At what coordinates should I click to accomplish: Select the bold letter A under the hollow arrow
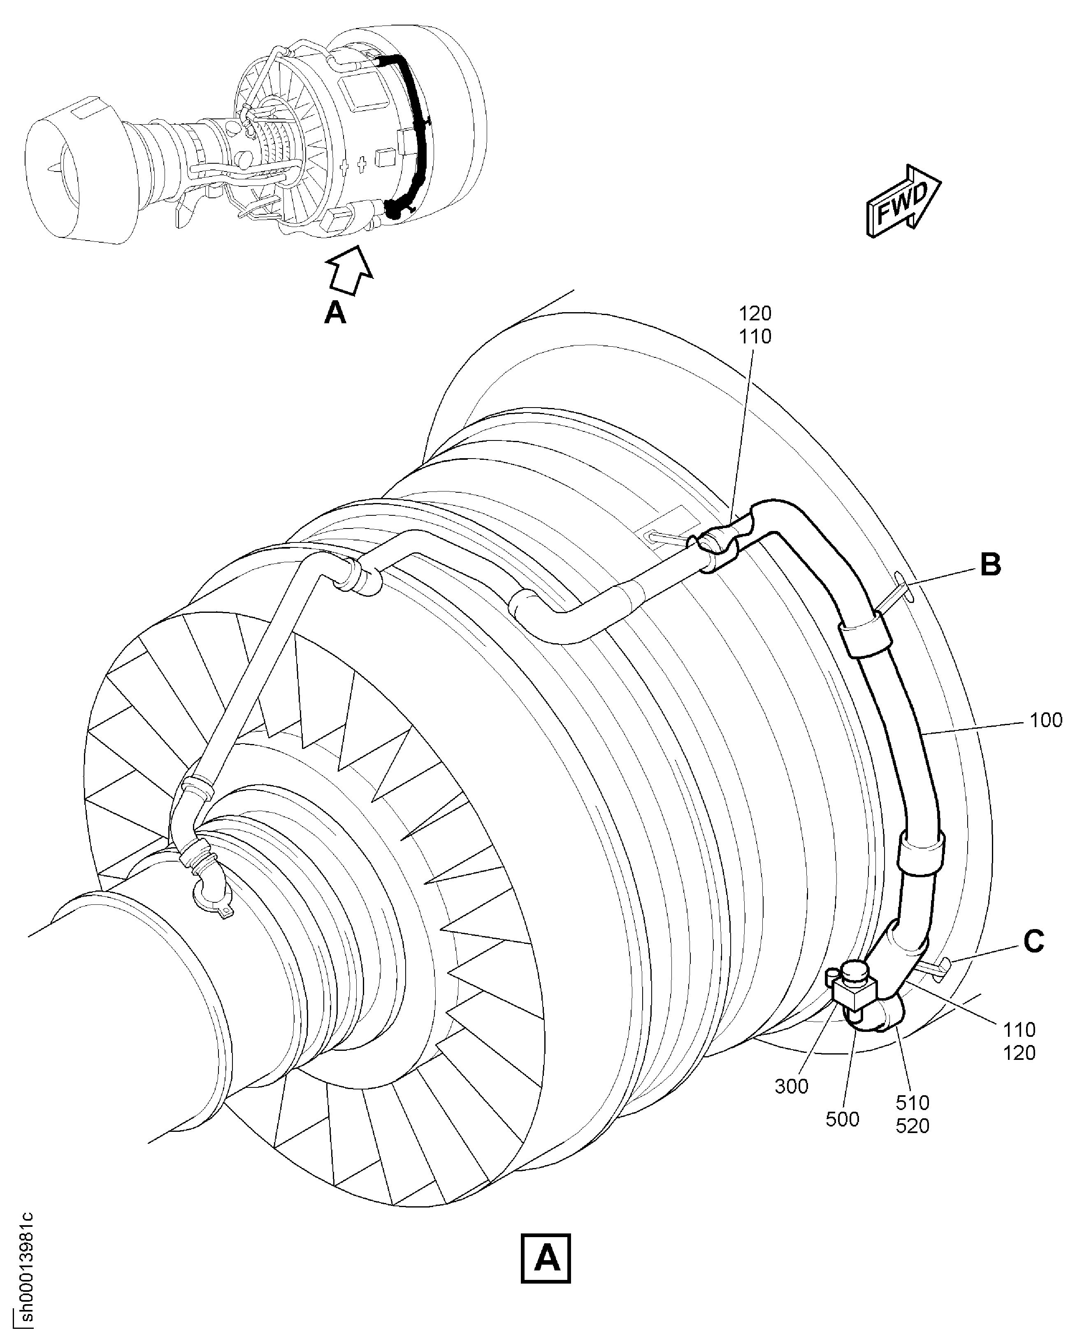tap(335, 312)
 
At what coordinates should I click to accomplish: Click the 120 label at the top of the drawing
tap(755, 313)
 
